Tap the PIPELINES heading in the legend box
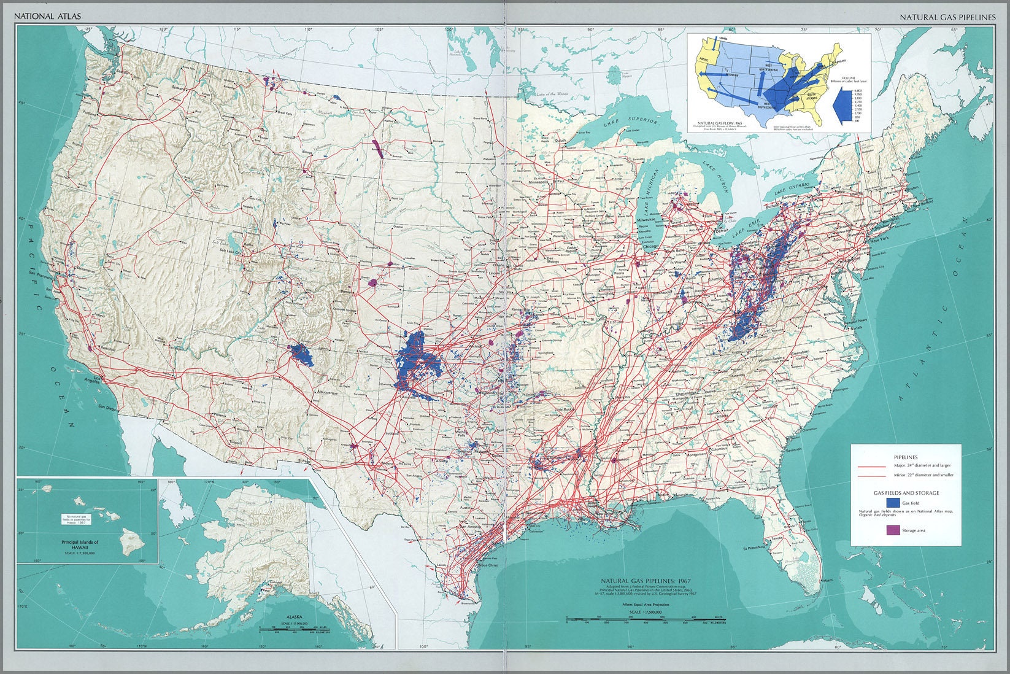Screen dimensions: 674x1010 pyautogui.click(x=905, y=457)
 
